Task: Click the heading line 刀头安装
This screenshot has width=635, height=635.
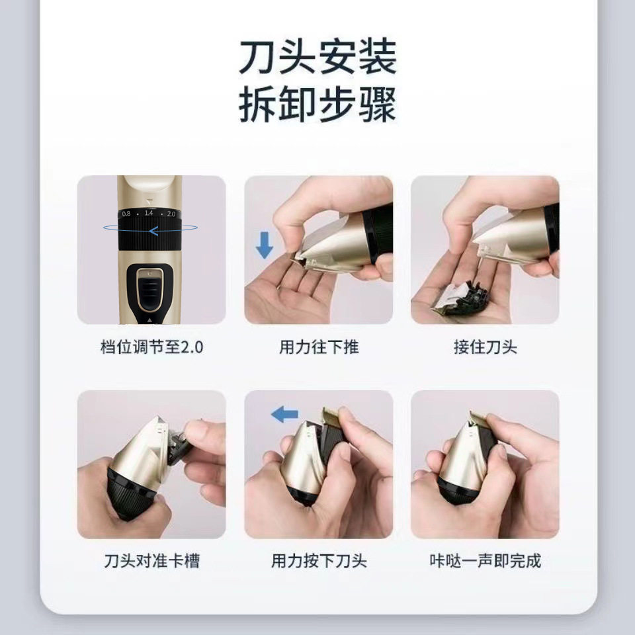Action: click(317, 58)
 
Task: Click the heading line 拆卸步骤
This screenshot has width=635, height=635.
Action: click(317, 105)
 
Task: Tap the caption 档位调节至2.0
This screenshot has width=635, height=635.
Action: click(151, 347)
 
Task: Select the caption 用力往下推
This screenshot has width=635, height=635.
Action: click(318, 347)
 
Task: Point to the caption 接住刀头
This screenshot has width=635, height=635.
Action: click(485, 347)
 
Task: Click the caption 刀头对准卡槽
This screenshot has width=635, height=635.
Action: click(151, 562)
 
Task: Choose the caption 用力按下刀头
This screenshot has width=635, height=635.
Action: click(318, 562)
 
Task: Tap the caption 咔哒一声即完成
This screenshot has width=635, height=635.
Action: click(485, 562)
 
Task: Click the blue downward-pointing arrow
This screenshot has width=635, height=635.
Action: click(265, 245)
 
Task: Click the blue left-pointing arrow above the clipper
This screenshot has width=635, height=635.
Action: click(284, 415)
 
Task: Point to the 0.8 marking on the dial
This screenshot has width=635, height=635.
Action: click(126, 214)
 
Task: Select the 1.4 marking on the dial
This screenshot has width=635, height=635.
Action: click(149, 214)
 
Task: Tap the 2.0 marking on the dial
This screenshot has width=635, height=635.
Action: click(171, 214)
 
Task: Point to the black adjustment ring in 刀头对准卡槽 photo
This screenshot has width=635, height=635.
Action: click(133, 493)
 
